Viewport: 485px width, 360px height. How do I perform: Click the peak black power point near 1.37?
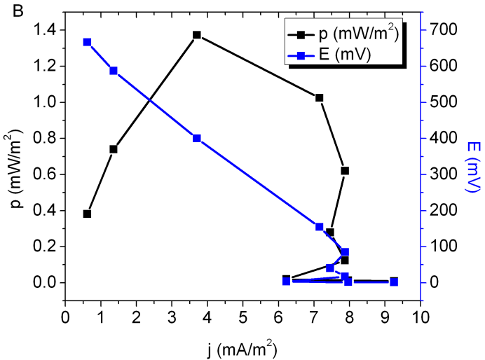pyautogui.click(x=197, y=35)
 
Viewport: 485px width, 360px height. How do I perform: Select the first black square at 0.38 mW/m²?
pyautogui.click(x=87, y=214)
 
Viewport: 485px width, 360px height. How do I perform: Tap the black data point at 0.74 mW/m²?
pyautogui.click(x=114, y=149)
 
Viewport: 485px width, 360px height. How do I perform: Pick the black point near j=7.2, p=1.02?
pyautogui.click(x=320, y=98)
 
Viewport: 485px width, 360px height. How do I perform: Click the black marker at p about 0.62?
pyautogui.click(x=345, y=171)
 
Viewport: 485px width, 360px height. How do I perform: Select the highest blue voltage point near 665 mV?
pyautogui.click(x=87, y=42)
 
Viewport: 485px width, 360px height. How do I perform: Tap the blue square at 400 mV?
pyautogui.click(x=197, y=139)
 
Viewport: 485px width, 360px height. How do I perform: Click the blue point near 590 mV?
pyautogui.click(x=114, y=71)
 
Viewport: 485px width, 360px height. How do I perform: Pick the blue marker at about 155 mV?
pyautogui.click(x=320, y=227)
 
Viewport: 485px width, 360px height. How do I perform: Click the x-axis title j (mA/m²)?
pyautogui.click(x=242, y=347)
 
